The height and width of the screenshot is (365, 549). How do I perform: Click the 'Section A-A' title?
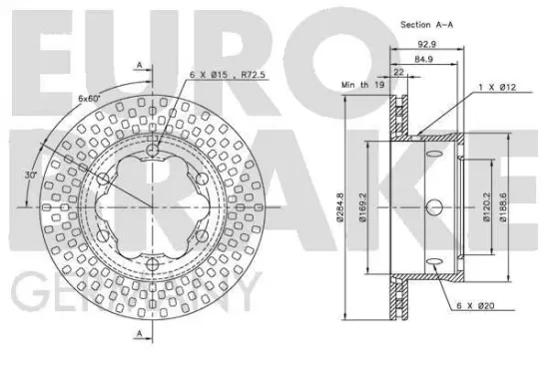click(x=426, y=23)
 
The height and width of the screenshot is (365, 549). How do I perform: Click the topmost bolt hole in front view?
click(x=152, y=150)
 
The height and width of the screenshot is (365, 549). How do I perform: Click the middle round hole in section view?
click(x=436, y=206)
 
